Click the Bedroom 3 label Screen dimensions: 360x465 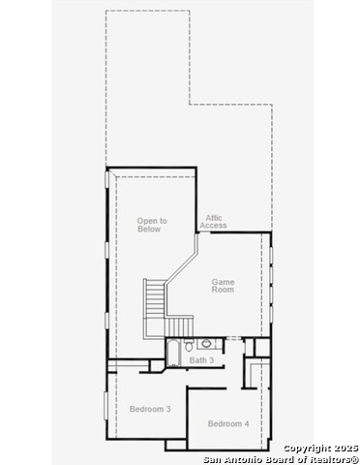pos(150,409)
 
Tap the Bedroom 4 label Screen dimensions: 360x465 pos(228,423)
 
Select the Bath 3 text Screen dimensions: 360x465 pos(201,360)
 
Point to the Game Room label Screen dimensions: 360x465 pos(223,286)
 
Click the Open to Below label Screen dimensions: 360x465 pos(152,225)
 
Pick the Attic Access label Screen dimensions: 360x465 pos(213,222)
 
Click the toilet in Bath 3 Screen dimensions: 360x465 pos(189,345)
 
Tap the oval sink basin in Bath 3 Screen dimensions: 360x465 pos(206,343)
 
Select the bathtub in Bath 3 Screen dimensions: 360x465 pos(173,353)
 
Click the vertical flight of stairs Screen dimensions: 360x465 pos(155,298)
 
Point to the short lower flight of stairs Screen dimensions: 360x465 pos(179,327)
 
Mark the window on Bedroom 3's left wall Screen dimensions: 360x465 pos(105,406)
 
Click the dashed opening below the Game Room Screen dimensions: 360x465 pos(233,338)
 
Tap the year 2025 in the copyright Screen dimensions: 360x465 pos(345,449)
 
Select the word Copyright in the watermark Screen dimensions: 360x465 pos(307,449)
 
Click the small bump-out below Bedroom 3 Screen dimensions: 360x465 pos(176,445)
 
